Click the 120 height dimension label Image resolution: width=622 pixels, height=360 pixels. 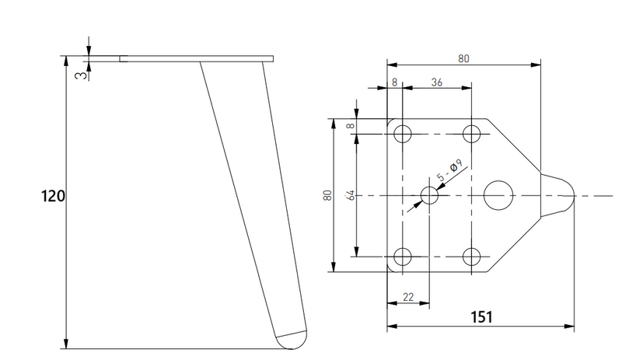coord(53,196)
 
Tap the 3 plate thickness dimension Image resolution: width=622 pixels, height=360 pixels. coord(81,75)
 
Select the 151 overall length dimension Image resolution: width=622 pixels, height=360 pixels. coord(481,317)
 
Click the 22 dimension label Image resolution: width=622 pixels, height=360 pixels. coord(408,297)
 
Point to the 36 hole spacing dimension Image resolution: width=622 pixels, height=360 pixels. coord(436,82)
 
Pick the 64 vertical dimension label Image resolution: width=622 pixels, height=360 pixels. coord(351,195)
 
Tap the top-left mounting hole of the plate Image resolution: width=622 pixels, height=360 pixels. coord(403,135)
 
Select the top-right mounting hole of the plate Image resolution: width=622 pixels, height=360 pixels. coord(472,135)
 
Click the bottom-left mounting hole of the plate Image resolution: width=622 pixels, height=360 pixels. coord(403,257)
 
